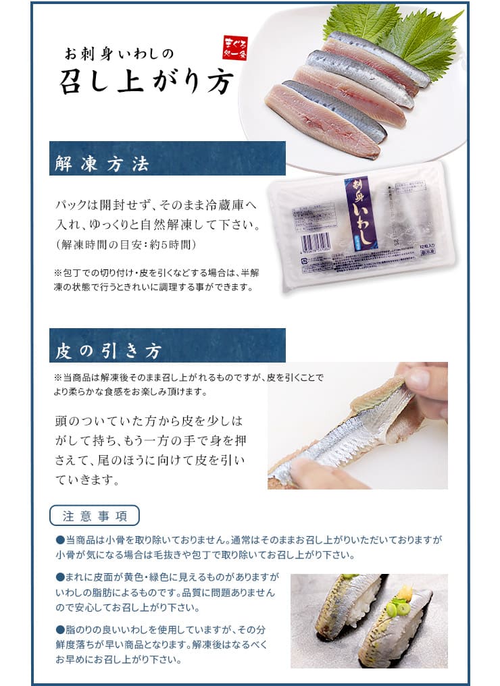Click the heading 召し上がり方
[147, 82]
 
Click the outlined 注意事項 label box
[95, 516]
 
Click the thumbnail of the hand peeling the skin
[357, 425]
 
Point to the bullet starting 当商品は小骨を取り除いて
[60, 540]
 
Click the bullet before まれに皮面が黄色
[60, 577]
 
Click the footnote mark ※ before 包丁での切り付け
[57, 273]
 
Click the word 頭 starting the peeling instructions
[62, 420]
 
